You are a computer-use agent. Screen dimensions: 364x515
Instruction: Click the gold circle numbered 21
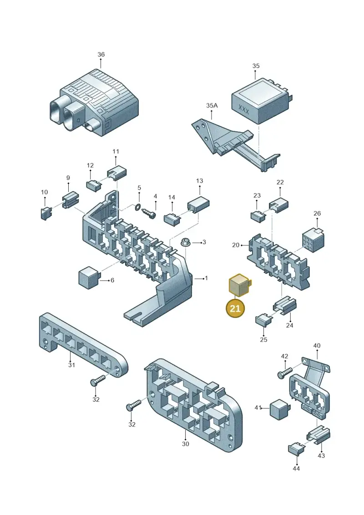[235, 309]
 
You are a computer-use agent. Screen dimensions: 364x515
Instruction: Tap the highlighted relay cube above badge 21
[239, 285]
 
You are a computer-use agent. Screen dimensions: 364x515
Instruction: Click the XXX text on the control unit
[243, 109]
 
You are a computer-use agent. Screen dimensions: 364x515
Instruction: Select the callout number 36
[101, 54]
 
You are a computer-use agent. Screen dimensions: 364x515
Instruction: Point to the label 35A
[212, 106]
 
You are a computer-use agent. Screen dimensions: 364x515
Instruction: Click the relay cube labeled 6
[89, 277]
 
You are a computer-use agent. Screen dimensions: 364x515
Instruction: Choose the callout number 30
[186, 444]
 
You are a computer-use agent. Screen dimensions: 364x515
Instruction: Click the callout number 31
[71, 365]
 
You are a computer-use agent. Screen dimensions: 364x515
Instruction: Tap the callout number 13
[200, 181]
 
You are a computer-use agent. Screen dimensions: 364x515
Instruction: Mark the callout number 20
[236, 245]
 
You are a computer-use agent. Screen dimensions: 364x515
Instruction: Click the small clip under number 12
[94, 184]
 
